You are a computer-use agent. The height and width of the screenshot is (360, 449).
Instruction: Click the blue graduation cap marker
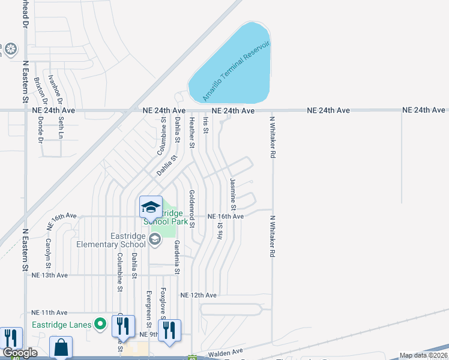click(x=150, y=208)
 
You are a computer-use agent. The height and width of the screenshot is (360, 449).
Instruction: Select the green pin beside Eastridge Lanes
click(x=101, y=325)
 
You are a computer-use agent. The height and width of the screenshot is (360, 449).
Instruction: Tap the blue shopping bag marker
click(x=61, y=347)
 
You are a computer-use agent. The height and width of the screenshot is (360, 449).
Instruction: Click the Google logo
click(x=20, y=353)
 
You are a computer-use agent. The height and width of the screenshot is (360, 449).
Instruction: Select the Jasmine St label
click(x=234, y=194)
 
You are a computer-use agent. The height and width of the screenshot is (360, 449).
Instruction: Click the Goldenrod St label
click(x=191, y=208)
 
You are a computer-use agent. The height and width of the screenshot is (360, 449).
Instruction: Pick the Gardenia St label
click(x=177, y=257)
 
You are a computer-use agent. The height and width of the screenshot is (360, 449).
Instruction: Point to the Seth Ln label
click(x=61, y=127)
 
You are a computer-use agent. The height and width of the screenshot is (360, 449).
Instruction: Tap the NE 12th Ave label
click(x=198, y=295)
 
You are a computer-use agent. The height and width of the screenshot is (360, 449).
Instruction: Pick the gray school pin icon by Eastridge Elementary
click(x=155, y=240)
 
